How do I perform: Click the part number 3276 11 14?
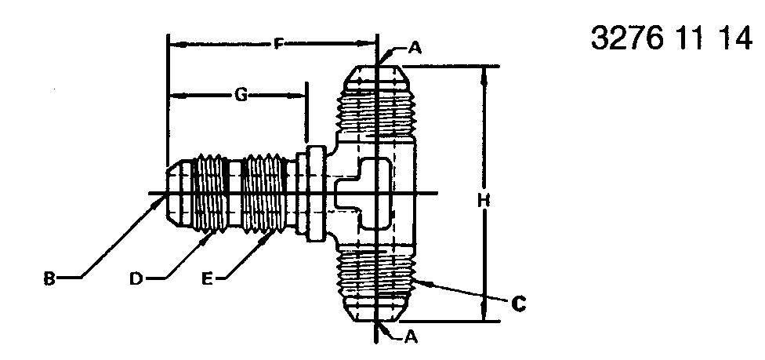coord(671,38)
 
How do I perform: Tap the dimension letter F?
coord(278,45)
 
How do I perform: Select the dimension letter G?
coord(241,95)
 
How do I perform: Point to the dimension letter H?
coord(484,200)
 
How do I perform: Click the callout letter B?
coord(49,279)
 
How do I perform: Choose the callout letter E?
coord(208,279)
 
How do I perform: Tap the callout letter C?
coord(519,304)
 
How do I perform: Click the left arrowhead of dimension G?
coord(178,96)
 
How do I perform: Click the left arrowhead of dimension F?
coord(178,45)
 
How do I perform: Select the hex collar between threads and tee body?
coord(315,194)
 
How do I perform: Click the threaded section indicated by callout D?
coord(210,194)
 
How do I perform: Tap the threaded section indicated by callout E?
coord(263,194)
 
